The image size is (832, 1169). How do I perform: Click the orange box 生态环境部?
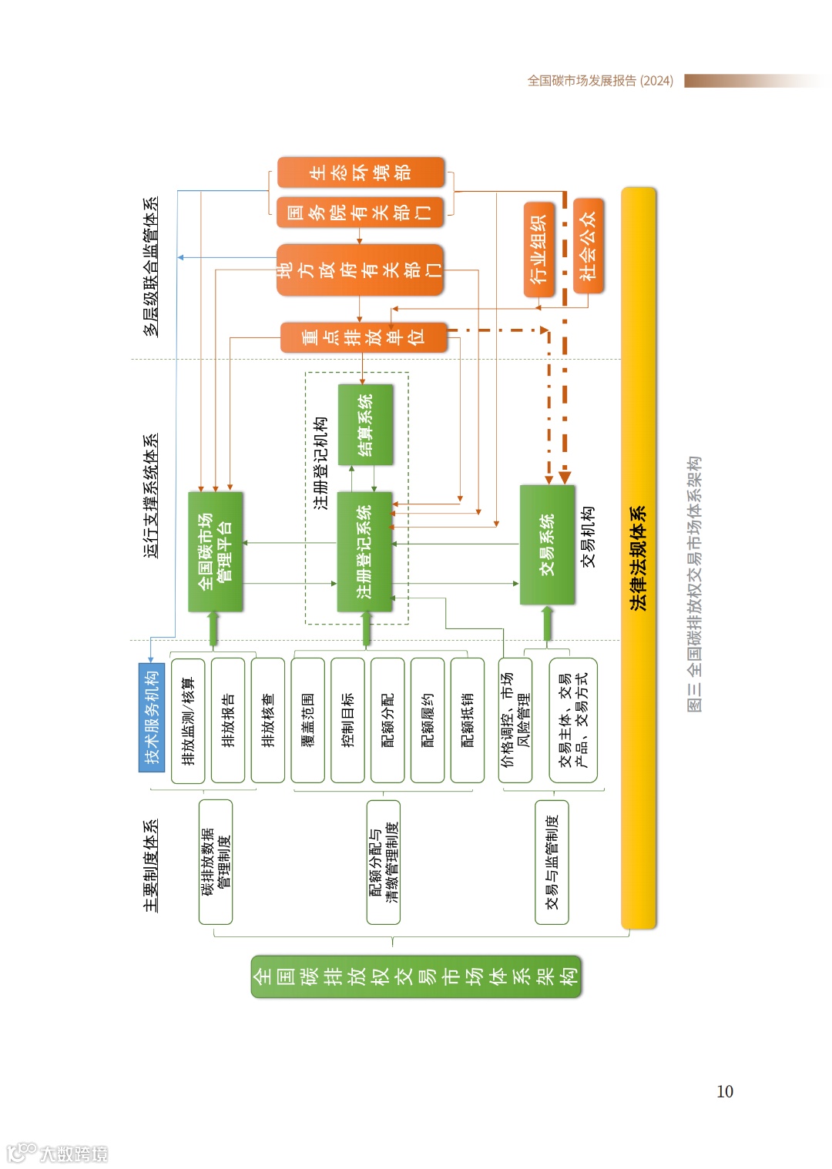click(361, 172)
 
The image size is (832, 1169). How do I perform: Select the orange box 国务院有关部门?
click(361, 212)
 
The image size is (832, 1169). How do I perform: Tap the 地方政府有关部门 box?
click(361, 270)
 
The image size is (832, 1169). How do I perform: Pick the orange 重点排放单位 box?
click(364, 337)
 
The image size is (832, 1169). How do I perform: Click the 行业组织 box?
click(538, 250)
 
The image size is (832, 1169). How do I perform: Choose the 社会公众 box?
click(588, 246)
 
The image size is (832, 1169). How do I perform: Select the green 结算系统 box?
click(365, 424)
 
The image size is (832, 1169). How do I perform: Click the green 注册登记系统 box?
click(365, 551)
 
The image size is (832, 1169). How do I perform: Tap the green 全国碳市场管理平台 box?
click(216, 551)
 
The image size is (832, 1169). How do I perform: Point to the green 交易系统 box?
click(547, 544)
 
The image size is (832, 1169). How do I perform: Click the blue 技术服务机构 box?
click(152, 717)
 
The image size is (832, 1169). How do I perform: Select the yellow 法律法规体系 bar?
click(639, 558)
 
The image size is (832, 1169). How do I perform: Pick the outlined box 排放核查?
click(268, 720)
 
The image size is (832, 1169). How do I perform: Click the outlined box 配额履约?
click(428, 720)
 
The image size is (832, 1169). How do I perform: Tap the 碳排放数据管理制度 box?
click(216, 861)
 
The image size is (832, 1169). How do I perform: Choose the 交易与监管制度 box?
click(552, 861)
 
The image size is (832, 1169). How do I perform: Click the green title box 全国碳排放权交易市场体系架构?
click(416, 976)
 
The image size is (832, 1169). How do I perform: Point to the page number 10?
click(724, 1091)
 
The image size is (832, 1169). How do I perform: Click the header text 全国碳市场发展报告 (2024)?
click(600, 81)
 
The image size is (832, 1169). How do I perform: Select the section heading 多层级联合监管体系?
click(151, 266)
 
